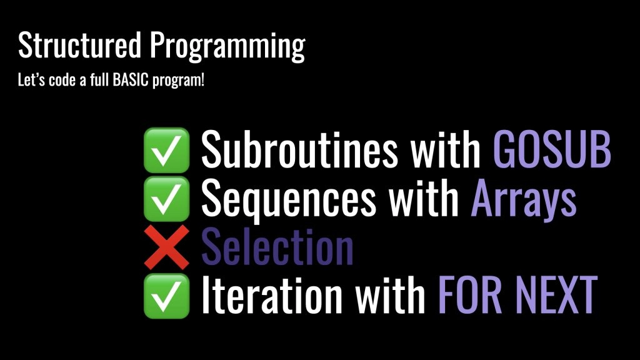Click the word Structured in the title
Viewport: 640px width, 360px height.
pos(79,44)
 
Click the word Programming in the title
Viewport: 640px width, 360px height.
pos(227,47)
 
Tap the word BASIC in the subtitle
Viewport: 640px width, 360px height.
pos(130,79)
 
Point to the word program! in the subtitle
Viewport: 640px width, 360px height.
pos(178,81)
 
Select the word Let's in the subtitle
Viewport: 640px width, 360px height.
pos(31,79)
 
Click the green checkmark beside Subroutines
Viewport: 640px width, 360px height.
pos(166,150)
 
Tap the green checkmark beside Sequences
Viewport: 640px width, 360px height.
pos(166,199)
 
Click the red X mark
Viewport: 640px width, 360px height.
pos(166,247)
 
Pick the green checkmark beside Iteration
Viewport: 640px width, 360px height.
pos(166,296)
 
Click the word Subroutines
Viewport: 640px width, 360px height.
pos(299,149)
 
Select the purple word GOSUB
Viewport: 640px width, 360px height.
pos(552,149)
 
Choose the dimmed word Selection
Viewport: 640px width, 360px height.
pos(277,247)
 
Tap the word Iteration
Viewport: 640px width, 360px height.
pos(272,295)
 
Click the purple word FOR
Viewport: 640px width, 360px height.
pos(470,295)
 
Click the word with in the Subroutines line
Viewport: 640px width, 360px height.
pos(446,149)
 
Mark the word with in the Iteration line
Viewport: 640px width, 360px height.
pos(390,295)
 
